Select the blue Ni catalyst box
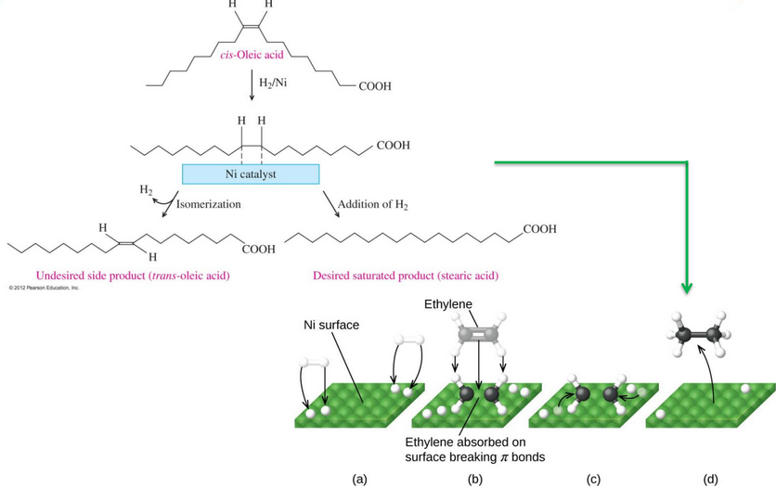[x=251, y=173]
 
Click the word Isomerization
[x=208, y=203]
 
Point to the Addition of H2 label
[x=372, y=204]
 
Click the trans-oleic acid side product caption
[x=133, y=276]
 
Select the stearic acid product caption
[x=406, y=276]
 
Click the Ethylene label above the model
[x=448, y=305]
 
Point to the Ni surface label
[x=331, y=326]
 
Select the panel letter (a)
[x=360, y=479]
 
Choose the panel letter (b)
[x=475, y=479]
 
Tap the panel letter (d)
[x=710, y=479]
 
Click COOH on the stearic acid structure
[x=539, y=227]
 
